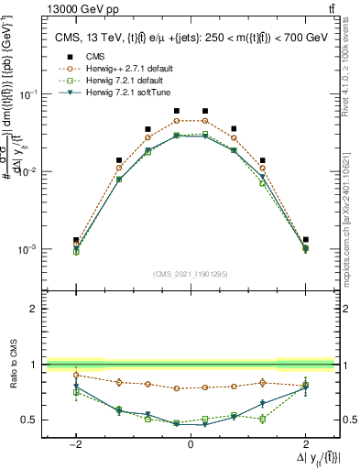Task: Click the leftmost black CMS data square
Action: [x=76, y=240]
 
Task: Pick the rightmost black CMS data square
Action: [x=306, y=239]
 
